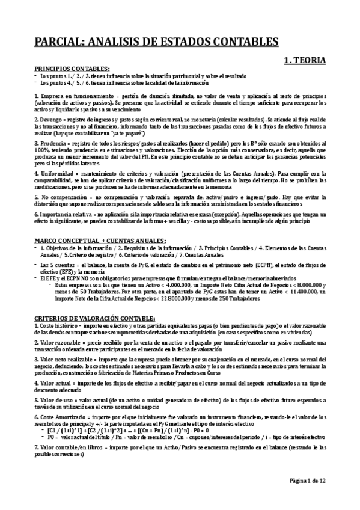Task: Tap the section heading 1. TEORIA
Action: tap(305, 60)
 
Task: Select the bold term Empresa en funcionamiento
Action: tap(69, 96)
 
